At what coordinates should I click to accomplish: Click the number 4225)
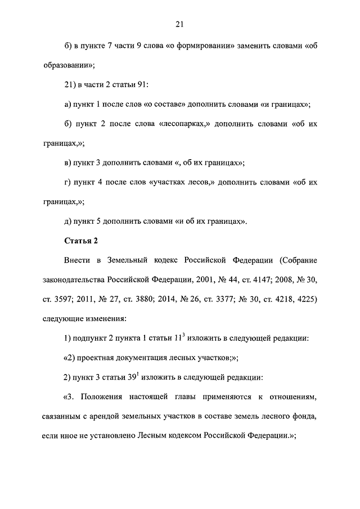(307, 300)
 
